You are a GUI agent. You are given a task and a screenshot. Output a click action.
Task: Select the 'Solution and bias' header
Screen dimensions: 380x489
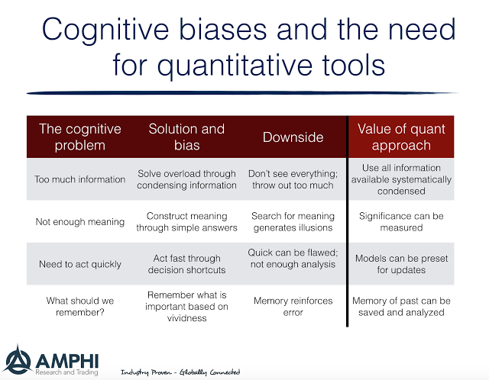click(186, 137)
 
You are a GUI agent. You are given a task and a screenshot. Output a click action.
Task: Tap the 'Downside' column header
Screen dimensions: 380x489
click(293, 137)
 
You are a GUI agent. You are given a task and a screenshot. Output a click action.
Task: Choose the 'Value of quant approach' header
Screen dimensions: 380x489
click(400, 137)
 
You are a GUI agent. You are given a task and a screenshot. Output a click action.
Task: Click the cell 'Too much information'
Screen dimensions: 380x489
click(79, 179)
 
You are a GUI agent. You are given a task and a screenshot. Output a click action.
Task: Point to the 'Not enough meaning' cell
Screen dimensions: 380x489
click(79, 222)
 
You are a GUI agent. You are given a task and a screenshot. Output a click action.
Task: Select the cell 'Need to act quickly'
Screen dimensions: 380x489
click(79, 264)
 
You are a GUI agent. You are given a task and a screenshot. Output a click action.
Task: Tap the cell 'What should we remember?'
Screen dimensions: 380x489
click(79, 306)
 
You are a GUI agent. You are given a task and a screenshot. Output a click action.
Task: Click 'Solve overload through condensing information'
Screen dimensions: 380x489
click(186, 179)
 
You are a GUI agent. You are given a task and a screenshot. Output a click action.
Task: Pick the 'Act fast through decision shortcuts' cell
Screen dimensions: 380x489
click(186, 264)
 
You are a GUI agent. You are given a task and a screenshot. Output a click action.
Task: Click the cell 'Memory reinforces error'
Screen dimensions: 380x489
click(293, 306)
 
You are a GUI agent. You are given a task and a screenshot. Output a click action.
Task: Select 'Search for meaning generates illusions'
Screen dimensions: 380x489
click(293, 222)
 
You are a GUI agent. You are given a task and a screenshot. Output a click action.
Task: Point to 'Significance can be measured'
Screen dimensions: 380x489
click(401, 222)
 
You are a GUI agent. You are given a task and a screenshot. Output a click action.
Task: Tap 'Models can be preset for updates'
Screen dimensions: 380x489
click(401, 264)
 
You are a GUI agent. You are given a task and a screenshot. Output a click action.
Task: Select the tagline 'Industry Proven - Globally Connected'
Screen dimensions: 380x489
click(180, 372)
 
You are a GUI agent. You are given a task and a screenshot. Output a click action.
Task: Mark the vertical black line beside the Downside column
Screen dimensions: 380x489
click(348, 221)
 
